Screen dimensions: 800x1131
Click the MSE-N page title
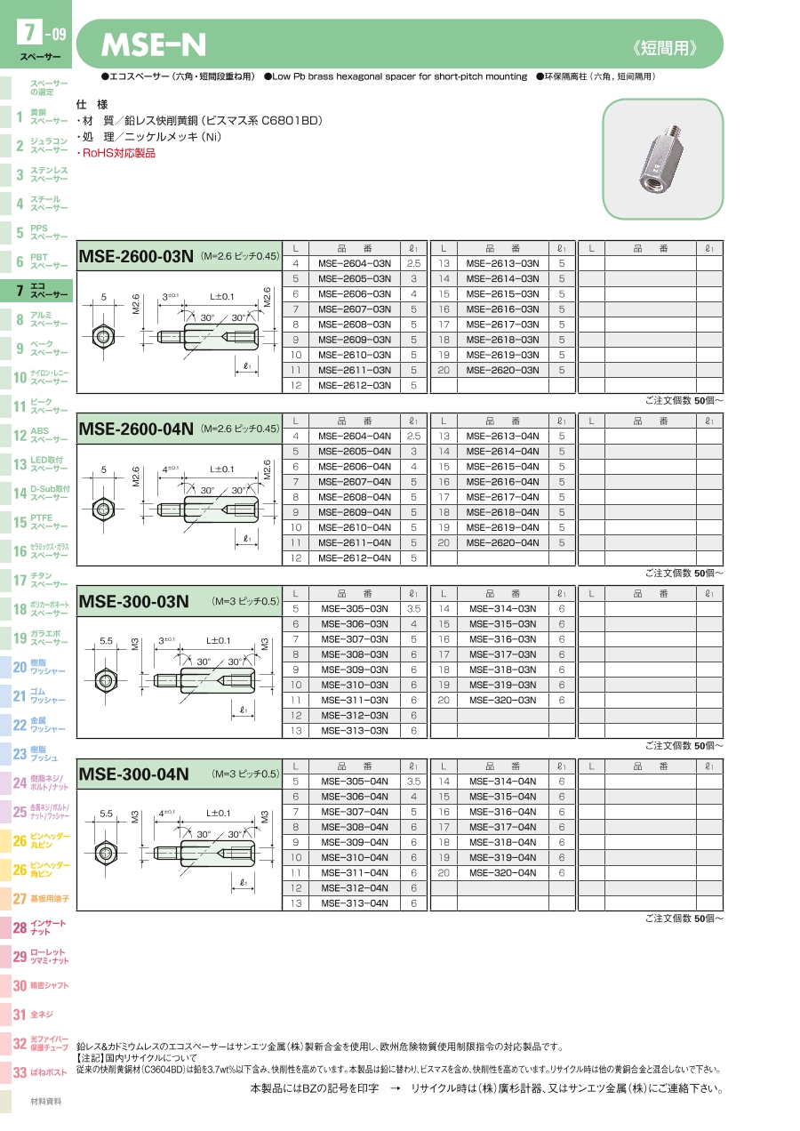click(154, 44)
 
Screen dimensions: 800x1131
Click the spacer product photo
click(662, 159)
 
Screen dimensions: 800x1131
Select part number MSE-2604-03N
click(355, 263)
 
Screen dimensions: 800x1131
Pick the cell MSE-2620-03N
click(502, 370)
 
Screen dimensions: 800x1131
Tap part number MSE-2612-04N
click(355, 557)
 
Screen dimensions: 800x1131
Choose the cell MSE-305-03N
click(355, 609)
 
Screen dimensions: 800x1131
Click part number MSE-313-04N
click(355, 903)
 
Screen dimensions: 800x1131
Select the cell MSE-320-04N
click(502, 873)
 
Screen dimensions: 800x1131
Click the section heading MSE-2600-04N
click(136, 429)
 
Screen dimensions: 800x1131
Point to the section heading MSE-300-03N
click(133, 602)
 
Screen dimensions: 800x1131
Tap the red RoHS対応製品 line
click(116, 154)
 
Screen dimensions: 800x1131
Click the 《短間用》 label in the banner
click(665, 48)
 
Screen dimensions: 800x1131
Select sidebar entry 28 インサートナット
click(40, 927)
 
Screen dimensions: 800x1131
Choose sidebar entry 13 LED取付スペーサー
click(40, 464)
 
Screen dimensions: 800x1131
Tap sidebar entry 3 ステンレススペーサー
click(40, 174)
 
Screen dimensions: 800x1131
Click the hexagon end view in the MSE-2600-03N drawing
click(103, 336)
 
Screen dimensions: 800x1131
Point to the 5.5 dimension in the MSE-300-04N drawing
click(106, 814)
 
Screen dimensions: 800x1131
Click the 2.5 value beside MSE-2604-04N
click(413, 437)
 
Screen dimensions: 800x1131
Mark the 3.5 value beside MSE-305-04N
click(413, 782)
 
